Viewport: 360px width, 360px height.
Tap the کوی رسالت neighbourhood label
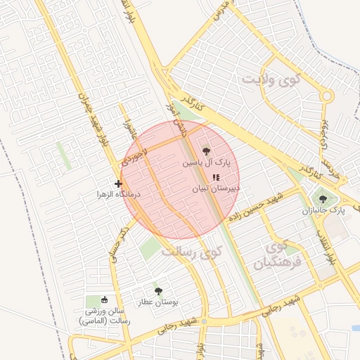coord(191,250)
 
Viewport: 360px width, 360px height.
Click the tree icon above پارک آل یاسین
coord(206,150)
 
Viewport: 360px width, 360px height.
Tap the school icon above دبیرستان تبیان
coord(215,176)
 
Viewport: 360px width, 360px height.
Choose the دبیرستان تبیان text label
coord(216,188)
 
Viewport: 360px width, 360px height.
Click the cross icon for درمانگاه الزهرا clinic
coord(118,184)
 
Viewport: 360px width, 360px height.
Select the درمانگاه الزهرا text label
coord(119,193)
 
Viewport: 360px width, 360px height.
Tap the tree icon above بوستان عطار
coord(157,290)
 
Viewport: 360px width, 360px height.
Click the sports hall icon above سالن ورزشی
coord(105,300)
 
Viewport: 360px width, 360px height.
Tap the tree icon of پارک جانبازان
coord(323,199)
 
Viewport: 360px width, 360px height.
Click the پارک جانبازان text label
coord(324,210)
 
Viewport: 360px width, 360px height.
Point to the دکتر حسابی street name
coord(120,243)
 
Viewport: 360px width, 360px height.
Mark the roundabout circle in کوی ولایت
coord(326,96)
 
